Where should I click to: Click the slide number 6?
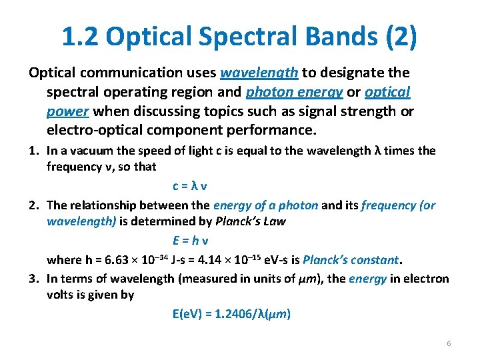[x=449, y=343]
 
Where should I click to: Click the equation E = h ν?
[x=194, y=241]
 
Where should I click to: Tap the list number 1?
[x=33, y=151]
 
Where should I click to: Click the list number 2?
[x=33, y=205]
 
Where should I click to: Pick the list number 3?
[x=33, y=279]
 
